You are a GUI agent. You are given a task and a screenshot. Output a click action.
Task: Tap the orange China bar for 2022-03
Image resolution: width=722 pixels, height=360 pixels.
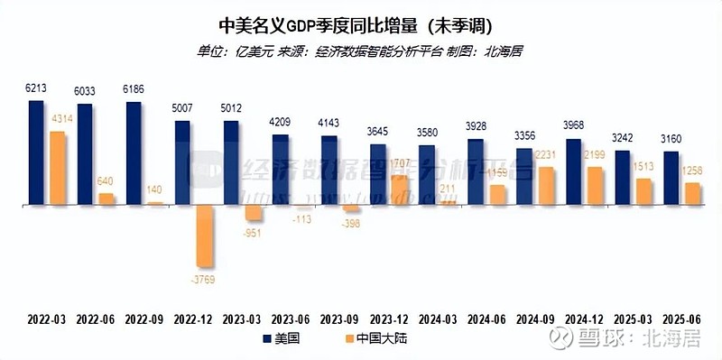[x=57, y=168]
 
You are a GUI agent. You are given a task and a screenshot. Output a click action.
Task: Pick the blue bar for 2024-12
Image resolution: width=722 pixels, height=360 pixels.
[x=573, y=171]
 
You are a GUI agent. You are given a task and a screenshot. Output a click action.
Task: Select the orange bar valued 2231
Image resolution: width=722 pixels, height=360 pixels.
[x=546, y=186]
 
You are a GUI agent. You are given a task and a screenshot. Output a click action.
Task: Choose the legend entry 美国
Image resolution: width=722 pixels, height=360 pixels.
[x=284, y=339]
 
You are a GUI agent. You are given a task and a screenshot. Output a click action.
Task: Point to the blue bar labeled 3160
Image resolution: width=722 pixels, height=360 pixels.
[x=671, y=178]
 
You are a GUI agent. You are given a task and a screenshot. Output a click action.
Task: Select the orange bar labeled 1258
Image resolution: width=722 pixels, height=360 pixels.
[x=692, y=193]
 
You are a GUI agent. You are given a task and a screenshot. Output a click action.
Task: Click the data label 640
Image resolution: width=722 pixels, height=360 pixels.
[x=106, y=180]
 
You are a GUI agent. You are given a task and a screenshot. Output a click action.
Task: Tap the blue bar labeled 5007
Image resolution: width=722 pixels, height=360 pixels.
[x=181, y=162]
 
